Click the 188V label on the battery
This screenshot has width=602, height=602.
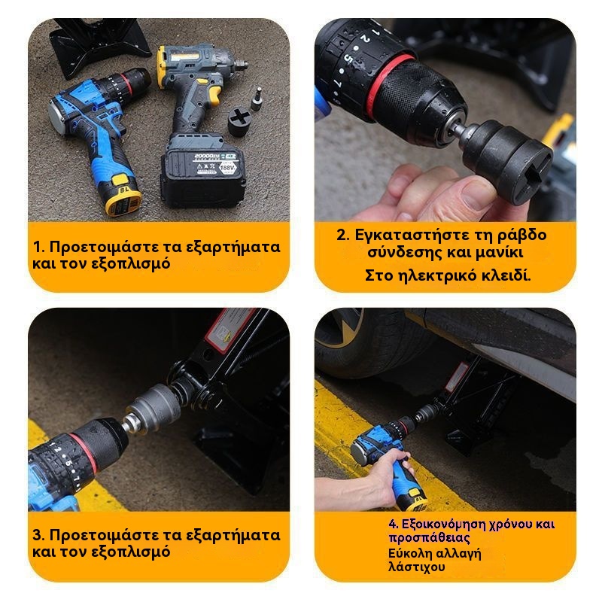(227, 167)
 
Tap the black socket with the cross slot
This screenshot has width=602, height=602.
(239, 121)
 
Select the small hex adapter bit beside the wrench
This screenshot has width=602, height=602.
(257, 99)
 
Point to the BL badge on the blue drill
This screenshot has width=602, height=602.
(123, 190)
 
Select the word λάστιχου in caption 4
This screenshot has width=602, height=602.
(417, 567)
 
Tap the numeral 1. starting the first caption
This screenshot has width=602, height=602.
(39, 247)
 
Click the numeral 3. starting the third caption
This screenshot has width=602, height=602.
(39, 535)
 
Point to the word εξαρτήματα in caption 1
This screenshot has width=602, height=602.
(233, 248)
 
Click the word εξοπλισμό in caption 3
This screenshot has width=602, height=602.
(131, 553)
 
